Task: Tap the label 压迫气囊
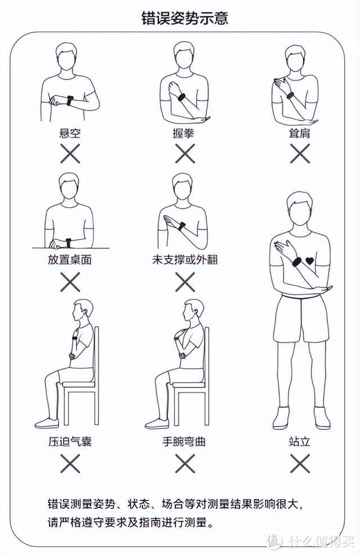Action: [x=70, y=441]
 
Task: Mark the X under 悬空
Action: [x=70, y=153]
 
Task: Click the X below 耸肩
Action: [x=300, y=153]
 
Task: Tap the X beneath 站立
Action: [x=300, y=463]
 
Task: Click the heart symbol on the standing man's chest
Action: [x=309, y=261]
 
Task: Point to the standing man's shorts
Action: [x=300, y=318]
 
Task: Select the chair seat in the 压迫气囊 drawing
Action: [x=79, y=385]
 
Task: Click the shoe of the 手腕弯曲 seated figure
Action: [x=156, y=423]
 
